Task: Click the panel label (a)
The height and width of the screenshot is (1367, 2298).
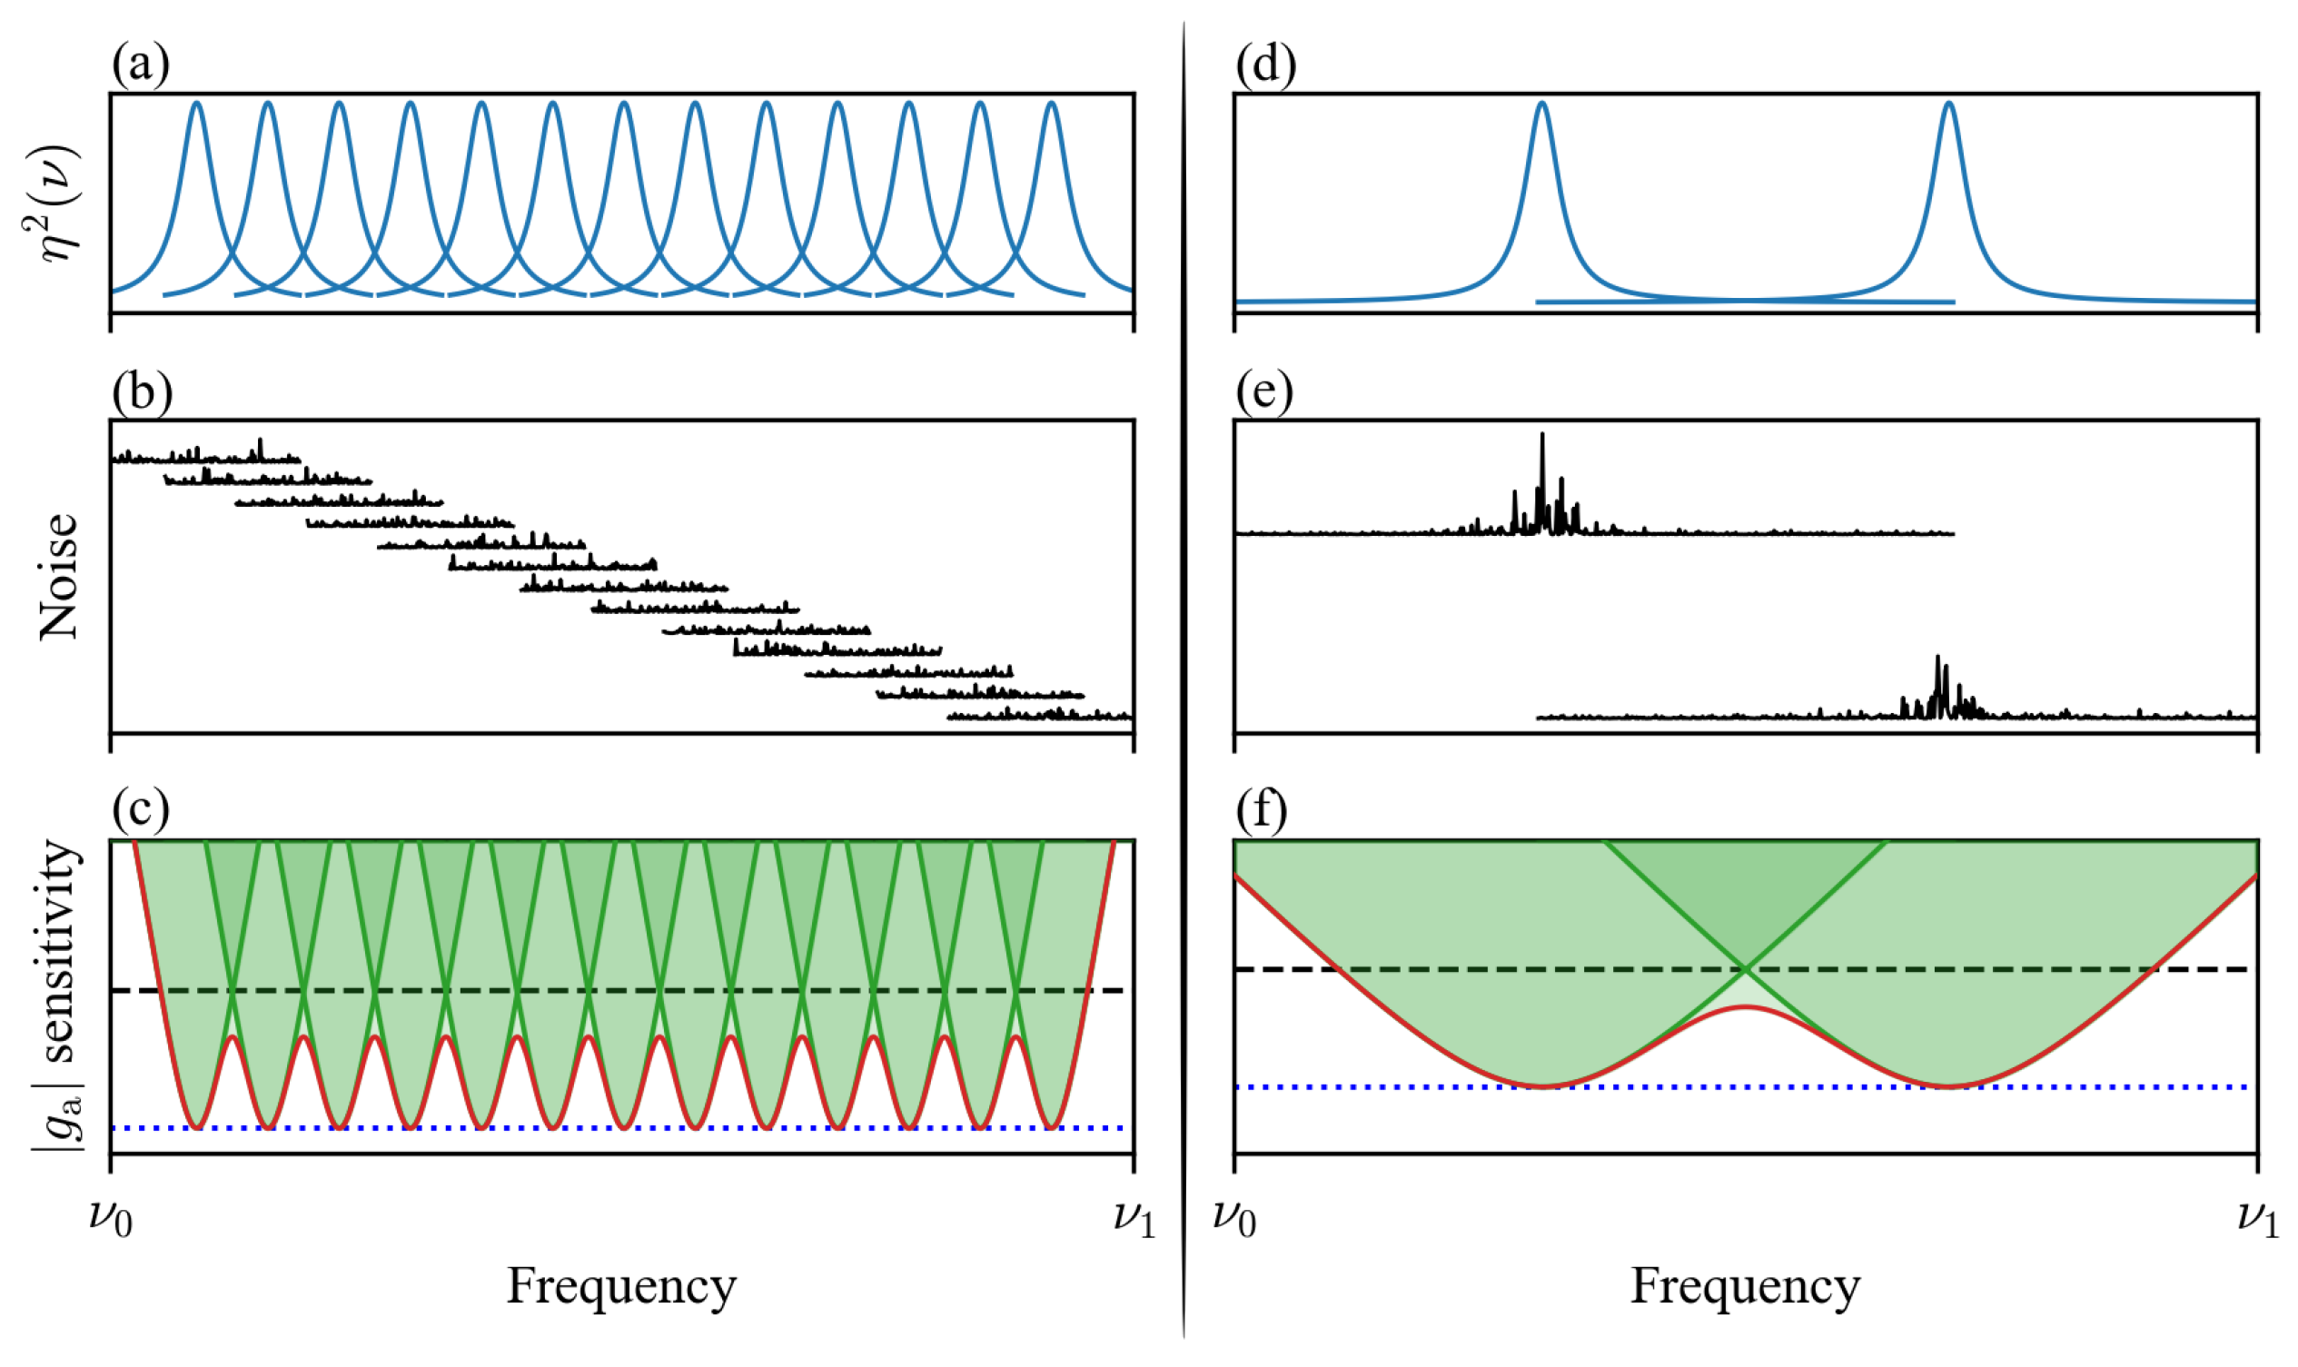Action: tap(140, 66)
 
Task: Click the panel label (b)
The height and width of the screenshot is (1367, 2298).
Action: tap(142, 393)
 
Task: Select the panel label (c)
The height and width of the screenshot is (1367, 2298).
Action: tap(140, 809)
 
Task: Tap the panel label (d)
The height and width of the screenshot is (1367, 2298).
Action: tap(1265, 66)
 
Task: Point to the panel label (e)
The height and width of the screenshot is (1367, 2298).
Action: tap(1263, 393)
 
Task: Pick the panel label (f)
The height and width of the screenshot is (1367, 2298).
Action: tap(1262, 809)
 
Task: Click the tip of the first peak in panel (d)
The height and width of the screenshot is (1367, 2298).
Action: tap(1542, 104)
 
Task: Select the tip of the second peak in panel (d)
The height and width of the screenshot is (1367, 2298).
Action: tap(1949, 104)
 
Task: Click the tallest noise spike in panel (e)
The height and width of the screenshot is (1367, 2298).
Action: tap(1542, 435)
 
